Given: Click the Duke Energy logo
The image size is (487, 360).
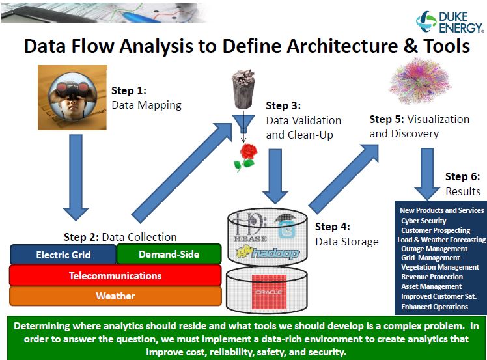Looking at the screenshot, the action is tap(450, 21).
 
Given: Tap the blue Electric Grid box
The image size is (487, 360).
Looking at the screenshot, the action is tap(63, 255).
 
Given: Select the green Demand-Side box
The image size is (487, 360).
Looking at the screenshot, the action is tap(169, 254).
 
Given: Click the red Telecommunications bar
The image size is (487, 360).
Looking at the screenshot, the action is tap(115, 275).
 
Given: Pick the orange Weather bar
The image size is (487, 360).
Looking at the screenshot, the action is tap(115, 296).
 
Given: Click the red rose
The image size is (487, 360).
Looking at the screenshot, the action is tap(246, 157).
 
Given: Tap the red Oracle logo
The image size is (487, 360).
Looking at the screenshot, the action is tap(269, 292).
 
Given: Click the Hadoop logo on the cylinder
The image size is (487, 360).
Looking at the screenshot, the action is tap(268, 253).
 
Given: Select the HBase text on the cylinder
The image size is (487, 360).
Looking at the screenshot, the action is tap(250, 238).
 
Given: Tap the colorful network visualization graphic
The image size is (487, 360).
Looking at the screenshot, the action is tap(419, 81).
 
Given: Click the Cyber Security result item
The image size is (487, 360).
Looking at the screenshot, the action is tap(424, 221).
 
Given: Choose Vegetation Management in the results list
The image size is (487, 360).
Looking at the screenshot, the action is tap(440, 267).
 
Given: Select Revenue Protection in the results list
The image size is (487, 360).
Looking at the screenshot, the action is tap(432, 277).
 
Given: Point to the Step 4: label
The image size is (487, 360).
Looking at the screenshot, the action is tap(332, 227).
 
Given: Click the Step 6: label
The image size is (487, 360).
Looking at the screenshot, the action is tap(462, 176).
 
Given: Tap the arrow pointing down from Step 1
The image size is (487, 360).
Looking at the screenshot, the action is tap(76, 177).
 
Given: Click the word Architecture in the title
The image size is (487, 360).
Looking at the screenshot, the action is tap(342, 46).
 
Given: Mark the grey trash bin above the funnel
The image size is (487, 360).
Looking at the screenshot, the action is tap(244, 89).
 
